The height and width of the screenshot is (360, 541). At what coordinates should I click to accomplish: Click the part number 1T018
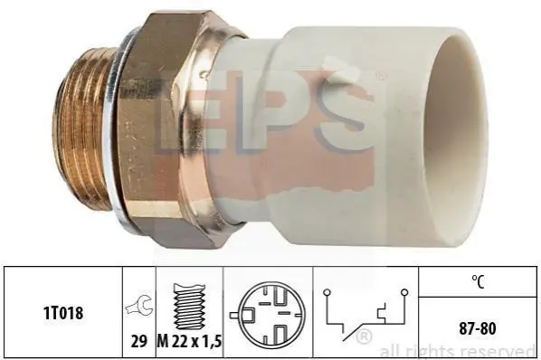pos(63,313)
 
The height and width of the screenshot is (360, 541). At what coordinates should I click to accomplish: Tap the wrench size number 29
pos(139,341)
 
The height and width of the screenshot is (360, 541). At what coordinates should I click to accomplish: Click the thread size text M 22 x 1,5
pos(189,341)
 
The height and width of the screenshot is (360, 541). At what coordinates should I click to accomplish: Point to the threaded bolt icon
pos(189,307)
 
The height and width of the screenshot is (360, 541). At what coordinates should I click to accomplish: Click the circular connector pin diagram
pos(268,315)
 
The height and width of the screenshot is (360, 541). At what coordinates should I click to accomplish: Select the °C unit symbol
pos(478,281)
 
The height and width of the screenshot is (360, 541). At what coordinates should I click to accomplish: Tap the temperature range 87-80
pos(478,328)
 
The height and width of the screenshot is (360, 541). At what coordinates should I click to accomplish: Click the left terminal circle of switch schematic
pos(327,293)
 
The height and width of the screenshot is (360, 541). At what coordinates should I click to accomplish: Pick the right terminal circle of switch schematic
pos(404,293)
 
